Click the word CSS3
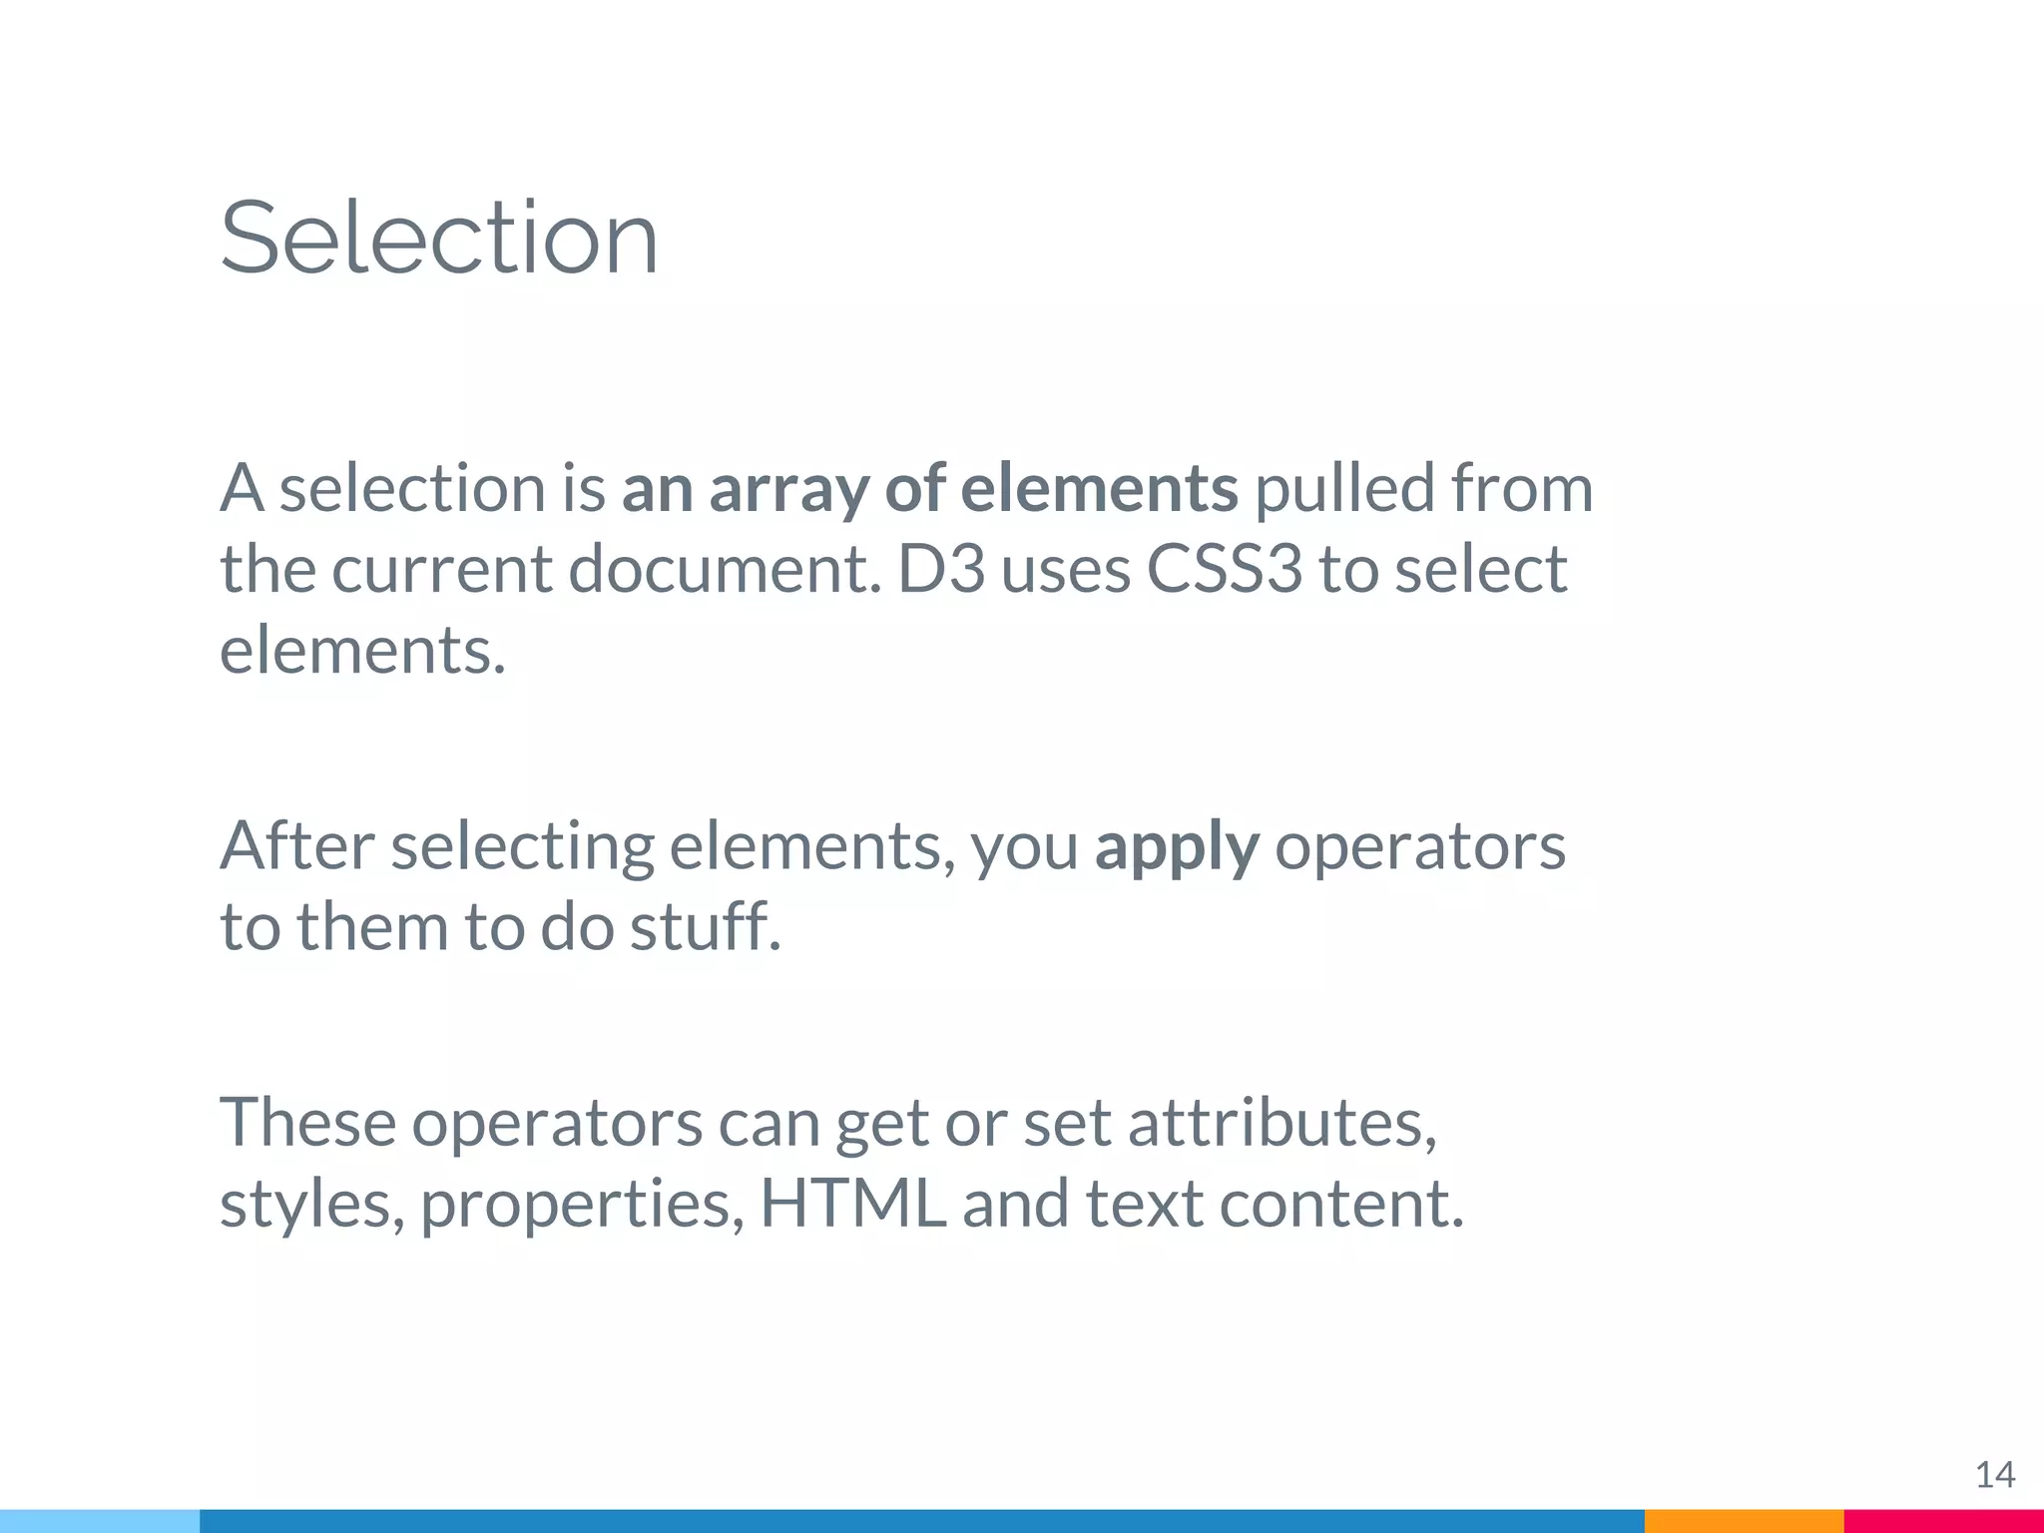coord(1225,570)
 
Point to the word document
coord(726,570)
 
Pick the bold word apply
coord(1177,848)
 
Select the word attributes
coord(1282,1123)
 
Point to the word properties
coord(582,1205)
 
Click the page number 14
coord(1995,1474)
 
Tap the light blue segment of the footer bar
coord(100,1521)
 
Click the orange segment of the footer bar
coord(1744,1521)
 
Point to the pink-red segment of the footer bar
coord(1943,1521)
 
